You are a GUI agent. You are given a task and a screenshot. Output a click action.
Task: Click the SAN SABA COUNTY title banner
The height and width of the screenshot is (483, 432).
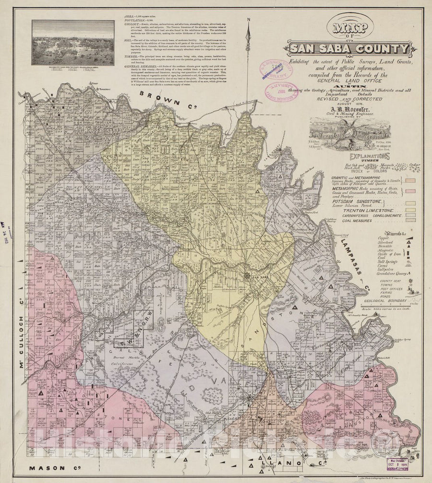pos(349,48)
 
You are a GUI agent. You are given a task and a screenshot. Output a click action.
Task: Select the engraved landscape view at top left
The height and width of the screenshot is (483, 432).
pos(73,42)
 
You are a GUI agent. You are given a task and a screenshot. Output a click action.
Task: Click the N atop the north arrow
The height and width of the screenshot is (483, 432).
pos(249,20)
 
